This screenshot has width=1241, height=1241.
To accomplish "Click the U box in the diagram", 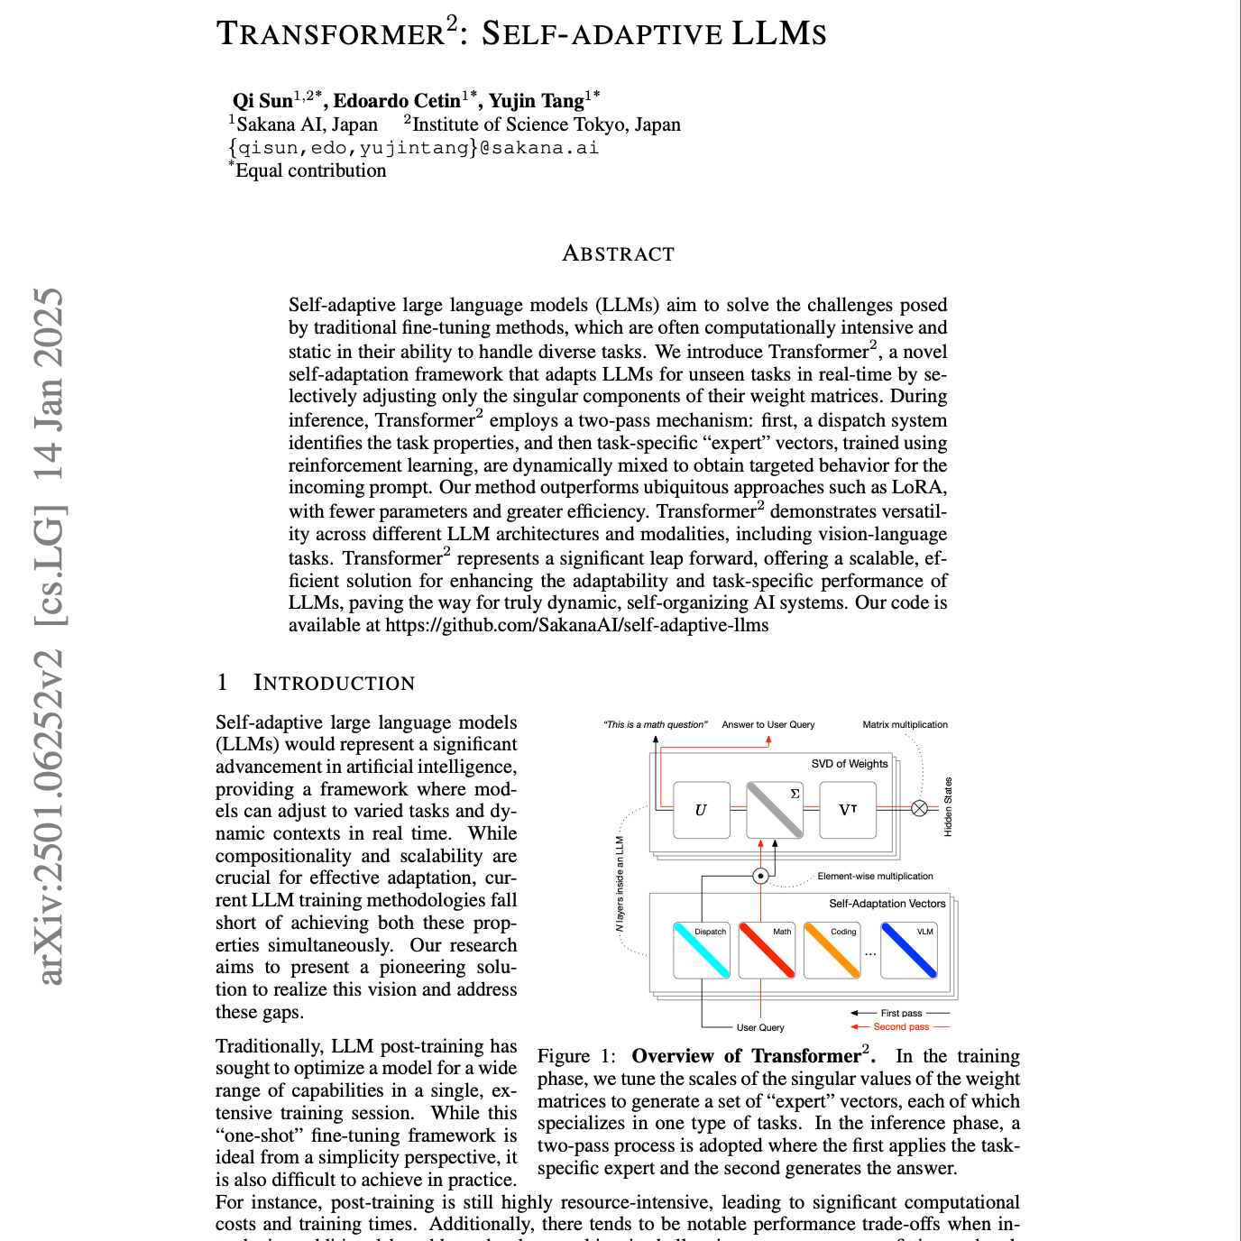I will tap(701, 810).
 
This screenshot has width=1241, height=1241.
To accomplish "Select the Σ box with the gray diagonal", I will tap(775, 810).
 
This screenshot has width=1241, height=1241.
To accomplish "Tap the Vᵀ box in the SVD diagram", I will tap(848, 810).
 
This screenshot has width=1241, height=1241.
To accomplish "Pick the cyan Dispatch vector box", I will tap(702, 950).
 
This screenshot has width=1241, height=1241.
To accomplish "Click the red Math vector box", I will tap(767, 950).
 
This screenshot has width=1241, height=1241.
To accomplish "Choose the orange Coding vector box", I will tap(832, 950).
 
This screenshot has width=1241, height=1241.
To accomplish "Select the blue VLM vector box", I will tap(909, 950).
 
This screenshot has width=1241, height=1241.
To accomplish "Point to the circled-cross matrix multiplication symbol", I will tap(919, 808).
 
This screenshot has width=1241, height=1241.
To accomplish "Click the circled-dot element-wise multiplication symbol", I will tap(761, 876).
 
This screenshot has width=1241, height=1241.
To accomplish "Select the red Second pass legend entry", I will tap(900, 1026).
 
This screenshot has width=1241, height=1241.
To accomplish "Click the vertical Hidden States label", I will tap(948, 807).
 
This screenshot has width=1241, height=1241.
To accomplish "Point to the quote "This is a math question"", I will tap(656, 724).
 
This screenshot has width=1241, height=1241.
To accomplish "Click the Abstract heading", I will tap(618, 253).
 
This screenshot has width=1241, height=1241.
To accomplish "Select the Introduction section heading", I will tap(334, 683).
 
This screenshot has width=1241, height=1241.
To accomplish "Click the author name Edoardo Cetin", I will tap(398, 100).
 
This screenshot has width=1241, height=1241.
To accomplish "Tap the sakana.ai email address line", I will tap(414, 148).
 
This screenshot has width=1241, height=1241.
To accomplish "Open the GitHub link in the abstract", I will tap(577, 625).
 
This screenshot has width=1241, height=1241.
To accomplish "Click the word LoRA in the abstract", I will tap(917, 488).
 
